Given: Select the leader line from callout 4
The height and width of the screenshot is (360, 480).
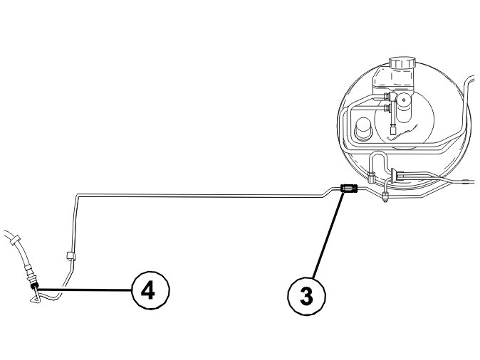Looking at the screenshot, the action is (x=85, y=289).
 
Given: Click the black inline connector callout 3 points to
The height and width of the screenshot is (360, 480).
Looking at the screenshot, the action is (x=349, y=189).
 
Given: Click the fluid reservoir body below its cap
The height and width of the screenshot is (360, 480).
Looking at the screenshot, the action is (x=402, y=81).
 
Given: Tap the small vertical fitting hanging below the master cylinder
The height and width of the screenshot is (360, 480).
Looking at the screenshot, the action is (x=394, y=129).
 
